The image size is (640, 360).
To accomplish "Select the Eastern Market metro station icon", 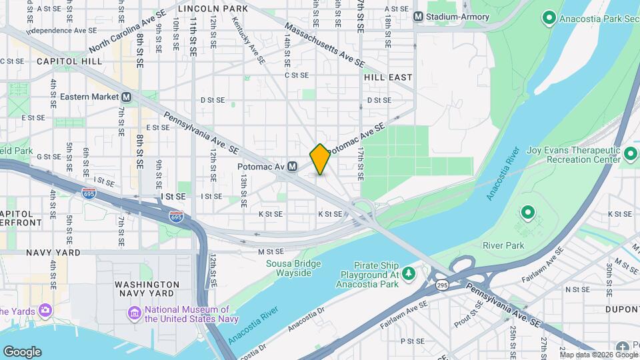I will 126,97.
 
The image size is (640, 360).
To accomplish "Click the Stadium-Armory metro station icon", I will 419,16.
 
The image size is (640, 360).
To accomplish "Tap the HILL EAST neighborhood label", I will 388,77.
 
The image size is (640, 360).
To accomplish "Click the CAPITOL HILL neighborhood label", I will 69,61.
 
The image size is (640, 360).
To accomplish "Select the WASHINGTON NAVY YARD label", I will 147,289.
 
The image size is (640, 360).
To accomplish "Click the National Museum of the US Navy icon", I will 134,313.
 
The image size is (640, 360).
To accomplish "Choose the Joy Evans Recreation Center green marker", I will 631,155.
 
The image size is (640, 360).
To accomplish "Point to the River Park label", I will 504,245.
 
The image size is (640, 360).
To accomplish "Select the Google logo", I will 22,351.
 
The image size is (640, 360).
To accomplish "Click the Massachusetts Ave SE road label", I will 325,45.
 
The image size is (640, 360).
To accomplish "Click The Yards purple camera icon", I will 45,310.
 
